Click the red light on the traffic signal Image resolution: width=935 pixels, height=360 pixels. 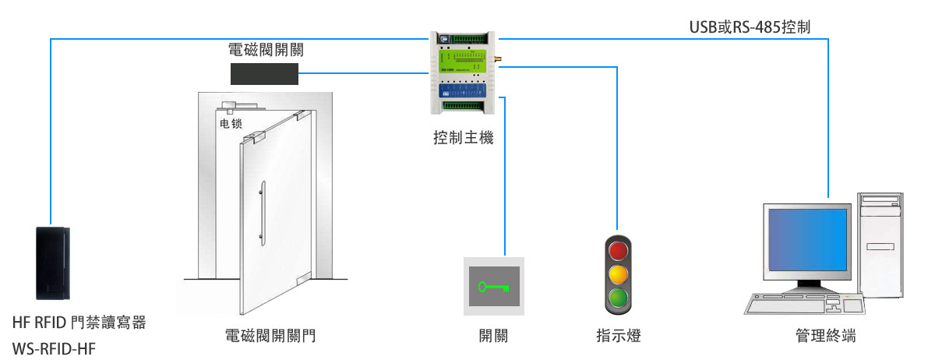point(618,251)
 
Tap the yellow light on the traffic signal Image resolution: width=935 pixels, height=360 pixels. point(618,274)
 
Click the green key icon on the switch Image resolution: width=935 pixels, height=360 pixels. point(494,287)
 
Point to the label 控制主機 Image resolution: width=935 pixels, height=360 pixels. point(464,139)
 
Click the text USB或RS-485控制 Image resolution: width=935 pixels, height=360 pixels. point(750,26)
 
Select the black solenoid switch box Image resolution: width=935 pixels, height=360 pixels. point(265,74)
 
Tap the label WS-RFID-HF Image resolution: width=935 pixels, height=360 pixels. point(55,349)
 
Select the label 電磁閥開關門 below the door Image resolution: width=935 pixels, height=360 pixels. point(270,336)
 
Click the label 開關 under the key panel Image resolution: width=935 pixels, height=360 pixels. point(494,336)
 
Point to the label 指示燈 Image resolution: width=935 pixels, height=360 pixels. point(618,336)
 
